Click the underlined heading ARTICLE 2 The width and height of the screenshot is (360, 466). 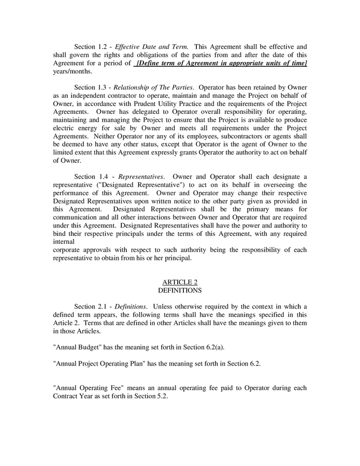point(180,282)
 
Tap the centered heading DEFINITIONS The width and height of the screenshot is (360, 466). point(180,290)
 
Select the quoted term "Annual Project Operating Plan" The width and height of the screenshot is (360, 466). point(99,363)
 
